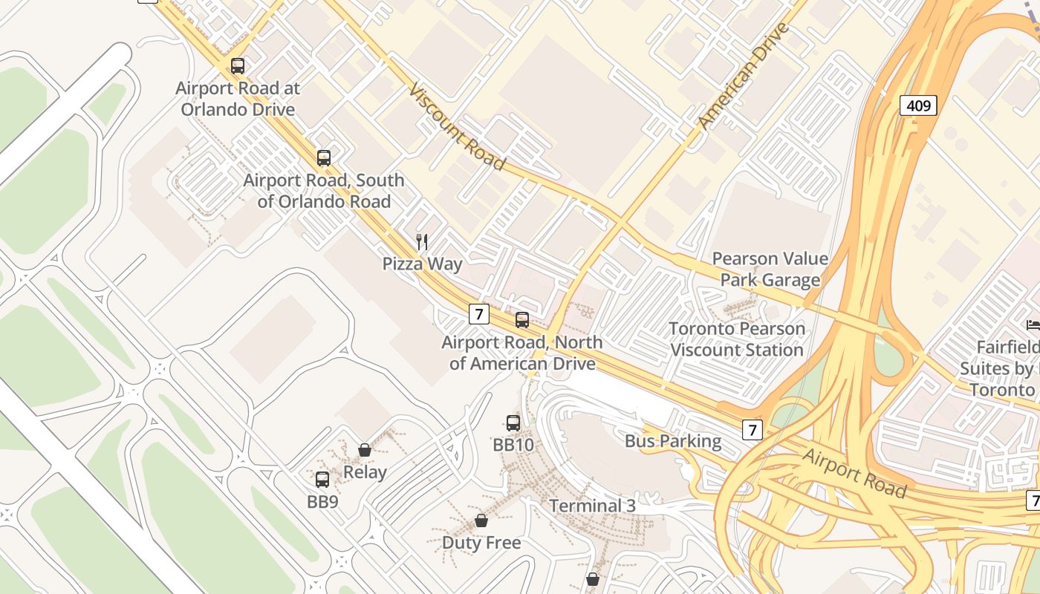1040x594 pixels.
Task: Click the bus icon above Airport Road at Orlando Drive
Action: tap(238, 66)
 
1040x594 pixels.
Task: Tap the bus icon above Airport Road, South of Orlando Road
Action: tap(323, 157)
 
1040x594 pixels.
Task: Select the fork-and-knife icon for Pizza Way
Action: tap(422, 241)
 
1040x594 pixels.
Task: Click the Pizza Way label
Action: tap(422, 264)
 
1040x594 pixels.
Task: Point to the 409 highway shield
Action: tap(918, 105)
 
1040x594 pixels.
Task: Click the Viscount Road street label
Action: tap(457, 128)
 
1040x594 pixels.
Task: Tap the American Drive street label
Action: tap(743, 76)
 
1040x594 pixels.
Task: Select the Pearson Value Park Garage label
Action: tap(770, 269)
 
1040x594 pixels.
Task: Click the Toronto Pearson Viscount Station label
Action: tap(736, 339)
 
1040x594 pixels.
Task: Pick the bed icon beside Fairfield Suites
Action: tap(1033, 324)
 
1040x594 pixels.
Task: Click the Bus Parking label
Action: tap(672, 441)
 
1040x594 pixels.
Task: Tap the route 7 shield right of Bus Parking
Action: tap(753, 429)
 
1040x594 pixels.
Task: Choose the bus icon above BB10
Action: tap(513, 423)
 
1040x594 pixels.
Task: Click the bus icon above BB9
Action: tap(322, 480)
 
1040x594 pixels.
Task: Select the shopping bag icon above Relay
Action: tap(365, 450)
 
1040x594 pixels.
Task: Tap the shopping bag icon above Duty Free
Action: tap(481, 520)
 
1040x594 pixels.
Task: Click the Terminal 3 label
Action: tap(592, 506)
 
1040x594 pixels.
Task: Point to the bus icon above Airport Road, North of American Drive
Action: tap(522, 320)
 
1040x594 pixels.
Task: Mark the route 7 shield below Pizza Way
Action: tap(479, 314)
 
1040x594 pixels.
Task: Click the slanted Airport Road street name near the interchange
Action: tap(854, 473)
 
